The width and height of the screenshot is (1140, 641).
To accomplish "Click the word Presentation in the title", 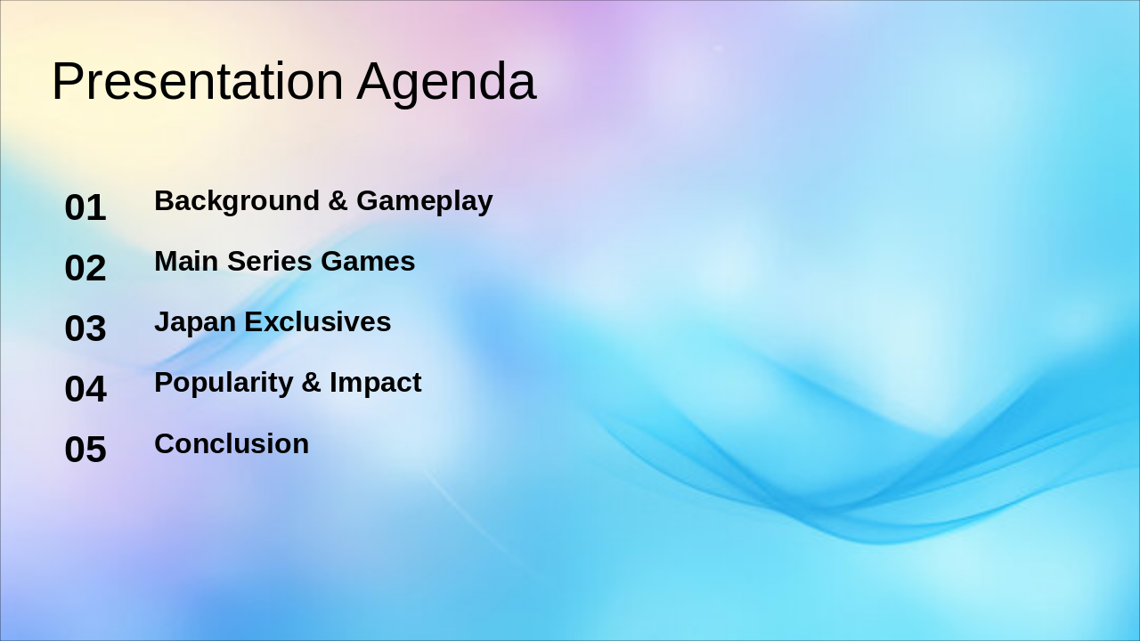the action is pos(198,81).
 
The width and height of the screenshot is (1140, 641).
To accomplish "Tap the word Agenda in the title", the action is pos(446,84).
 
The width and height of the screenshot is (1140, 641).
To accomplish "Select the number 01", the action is pos(85,207).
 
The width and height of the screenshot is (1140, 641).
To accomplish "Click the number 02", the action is pos(85,268).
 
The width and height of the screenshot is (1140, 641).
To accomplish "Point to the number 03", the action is pos(85,329).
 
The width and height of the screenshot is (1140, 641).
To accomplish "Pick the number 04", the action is pos(85,389).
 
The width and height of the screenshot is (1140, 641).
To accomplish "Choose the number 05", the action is pos(85,450).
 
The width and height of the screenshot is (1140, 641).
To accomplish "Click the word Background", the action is pos(237,201).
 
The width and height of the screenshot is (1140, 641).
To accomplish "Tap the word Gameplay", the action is pos(425,201).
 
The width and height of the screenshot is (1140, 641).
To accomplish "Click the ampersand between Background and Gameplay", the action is pos(338,200).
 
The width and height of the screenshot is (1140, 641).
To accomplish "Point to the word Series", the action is pos(269,261).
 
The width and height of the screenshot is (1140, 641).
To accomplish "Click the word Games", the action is pos(368,261).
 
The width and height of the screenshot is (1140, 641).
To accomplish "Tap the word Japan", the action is pos(195,323).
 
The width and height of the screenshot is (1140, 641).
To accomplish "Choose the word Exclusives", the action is pos(318,321).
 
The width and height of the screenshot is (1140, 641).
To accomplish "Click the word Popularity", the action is pos(224,384).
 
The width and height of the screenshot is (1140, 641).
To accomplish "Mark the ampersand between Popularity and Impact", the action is pos(311,383).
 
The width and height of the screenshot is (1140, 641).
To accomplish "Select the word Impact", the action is pos(376,384).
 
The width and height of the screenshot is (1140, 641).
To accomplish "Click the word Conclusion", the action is pos(232,443).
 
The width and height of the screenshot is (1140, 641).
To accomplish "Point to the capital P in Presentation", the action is pos(66,81).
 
